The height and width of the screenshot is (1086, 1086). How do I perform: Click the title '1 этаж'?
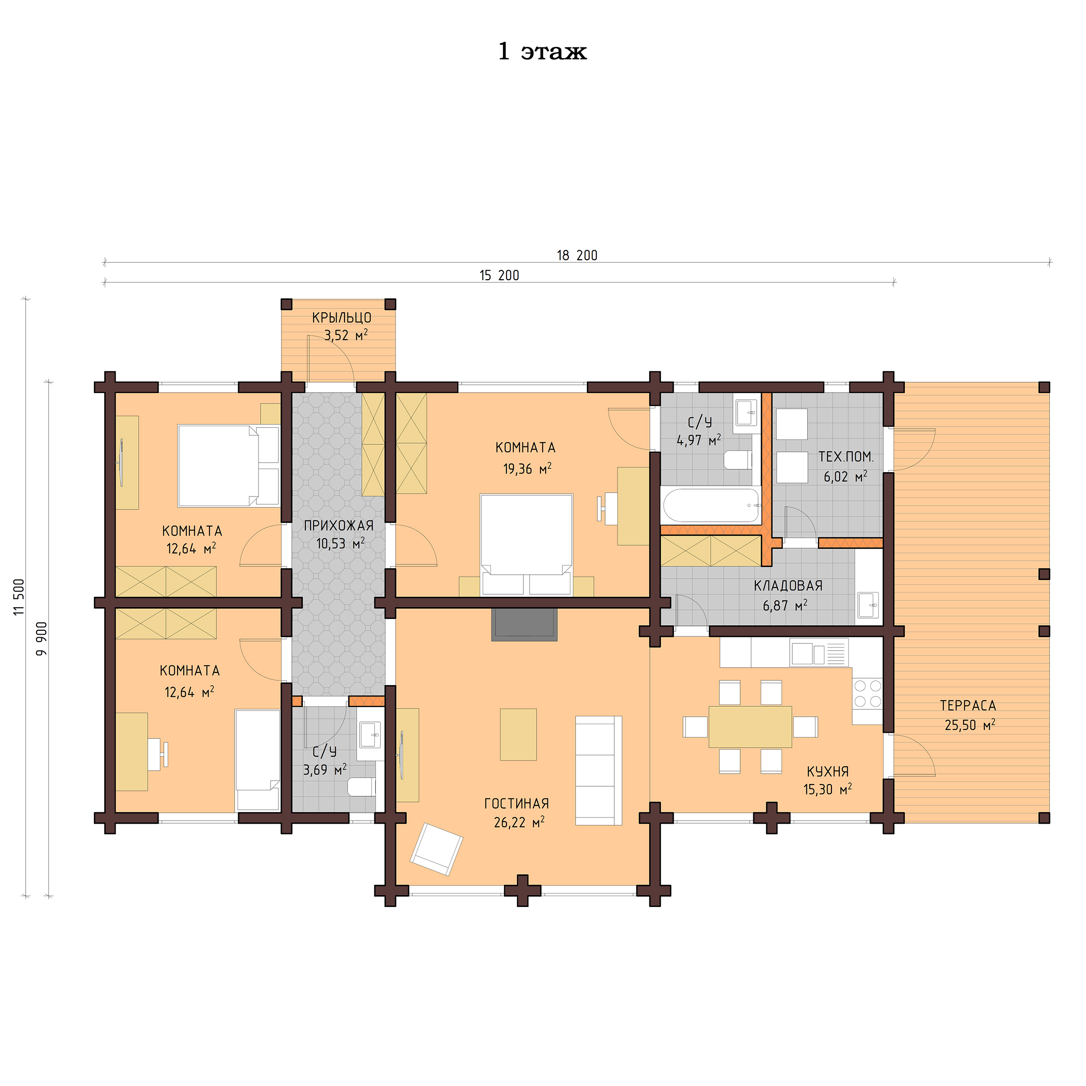[543, 52]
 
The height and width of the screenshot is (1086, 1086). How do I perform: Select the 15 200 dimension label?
[499, 275]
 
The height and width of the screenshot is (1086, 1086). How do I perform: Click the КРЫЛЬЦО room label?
[342, 318]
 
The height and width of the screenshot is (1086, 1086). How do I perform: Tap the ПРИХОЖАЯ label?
[338, 526]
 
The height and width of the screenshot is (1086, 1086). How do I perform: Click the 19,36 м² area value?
[526, 468]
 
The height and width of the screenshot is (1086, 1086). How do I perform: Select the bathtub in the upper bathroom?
[711, 505]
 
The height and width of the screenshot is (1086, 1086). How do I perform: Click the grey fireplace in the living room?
[524, 624]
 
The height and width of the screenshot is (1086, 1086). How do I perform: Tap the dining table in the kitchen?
[750, 727]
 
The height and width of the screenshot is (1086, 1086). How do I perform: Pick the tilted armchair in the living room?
[437, 849]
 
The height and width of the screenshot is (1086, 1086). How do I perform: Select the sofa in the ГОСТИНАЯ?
[598, 770]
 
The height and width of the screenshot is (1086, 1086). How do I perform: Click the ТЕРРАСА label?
[968, 705]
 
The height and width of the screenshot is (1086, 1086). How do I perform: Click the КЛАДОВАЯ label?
[788, 586]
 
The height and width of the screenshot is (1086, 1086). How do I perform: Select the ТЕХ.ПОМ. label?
[846, 457]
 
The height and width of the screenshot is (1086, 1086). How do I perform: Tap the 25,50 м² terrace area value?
[970, 725]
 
